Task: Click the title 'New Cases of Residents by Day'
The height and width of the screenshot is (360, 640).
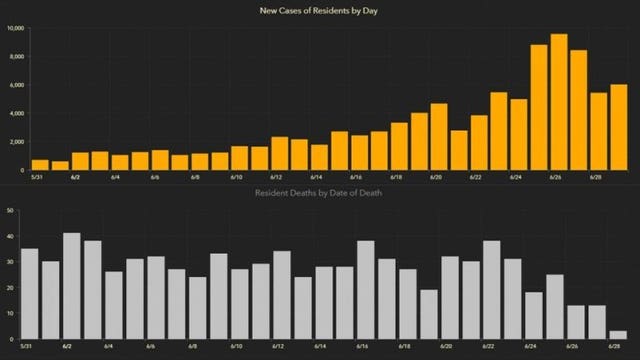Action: (320, 10)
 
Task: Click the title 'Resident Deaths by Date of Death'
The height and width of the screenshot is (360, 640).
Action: (320, 192)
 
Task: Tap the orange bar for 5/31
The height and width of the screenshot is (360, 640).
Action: (40, 165)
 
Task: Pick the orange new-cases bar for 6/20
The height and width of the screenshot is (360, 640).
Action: (439, 137)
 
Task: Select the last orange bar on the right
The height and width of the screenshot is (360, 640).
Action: (619, 127)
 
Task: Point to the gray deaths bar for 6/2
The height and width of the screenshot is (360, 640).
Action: (72, 286)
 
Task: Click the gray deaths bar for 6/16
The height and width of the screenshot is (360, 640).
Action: (366, 290)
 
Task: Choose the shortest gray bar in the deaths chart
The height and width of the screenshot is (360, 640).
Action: (619, 334)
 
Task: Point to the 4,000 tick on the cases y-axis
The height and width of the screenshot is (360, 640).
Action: (16, 113)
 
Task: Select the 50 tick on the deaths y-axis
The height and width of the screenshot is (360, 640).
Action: (9, 210)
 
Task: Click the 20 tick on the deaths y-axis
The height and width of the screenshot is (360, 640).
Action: (9, 287)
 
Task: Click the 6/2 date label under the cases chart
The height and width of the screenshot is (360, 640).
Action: (77, 177)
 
